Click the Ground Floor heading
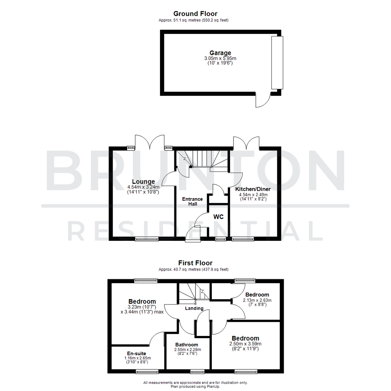[x=195, y=14]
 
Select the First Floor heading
[x=195, y=263]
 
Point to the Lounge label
[x=143, y=182]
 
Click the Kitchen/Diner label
[x=253, y=189]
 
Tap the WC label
[x=218, y=217]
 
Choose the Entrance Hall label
[x=192, y=202]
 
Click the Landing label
[x=194, y=308]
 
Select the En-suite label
[x=136, y=353]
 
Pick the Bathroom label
[x=187, y=344]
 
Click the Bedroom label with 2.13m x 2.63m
[x=257, y=295]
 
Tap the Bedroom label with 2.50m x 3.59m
[x=245, y=339]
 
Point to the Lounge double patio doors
[x=150, y=142]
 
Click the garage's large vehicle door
[x=277, y=63]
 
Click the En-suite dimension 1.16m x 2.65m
[x=136, y=358]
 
